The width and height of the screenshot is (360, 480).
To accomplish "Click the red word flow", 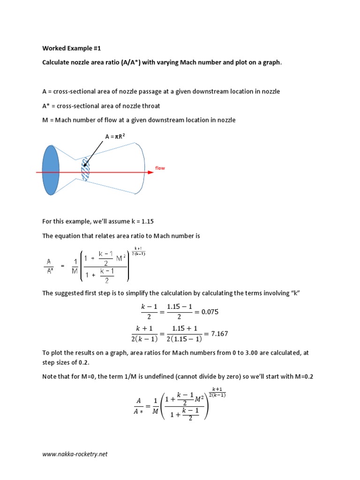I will [160, 168].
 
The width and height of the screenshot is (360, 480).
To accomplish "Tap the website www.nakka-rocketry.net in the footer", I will [75, 454].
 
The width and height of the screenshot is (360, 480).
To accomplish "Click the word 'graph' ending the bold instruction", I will [272, 62].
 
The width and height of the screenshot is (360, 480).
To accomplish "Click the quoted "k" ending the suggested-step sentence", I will [295, 293].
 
